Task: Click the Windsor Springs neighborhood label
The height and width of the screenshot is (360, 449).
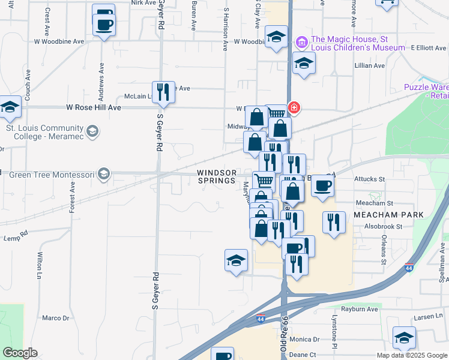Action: coord(217,176)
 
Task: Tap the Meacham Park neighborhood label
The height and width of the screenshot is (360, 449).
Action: coord(389,215)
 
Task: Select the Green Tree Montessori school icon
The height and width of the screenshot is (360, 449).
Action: coord(104,175)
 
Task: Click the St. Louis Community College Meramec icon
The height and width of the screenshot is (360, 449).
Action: coord(92,130)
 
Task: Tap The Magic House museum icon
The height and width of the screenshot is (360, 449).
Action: coord(301,42)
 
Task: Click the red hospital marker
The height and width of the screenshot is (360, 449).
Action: coord(294,108)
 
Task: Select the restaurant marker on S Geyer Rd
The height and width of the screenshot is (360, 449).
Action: coord(163,92)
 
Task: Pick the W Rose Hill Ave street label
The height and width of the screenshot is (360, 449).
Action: coord(94,107)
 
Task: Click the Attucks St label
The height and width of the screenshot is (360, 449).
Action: coord(370,179)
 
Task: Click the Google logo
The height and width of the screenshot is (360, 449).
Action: coord(20,353)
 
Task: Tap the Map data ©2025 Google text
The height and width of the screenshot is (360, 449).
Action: coord(412,355)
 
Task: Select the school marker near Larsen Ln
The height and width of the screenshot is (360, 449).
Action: coord(404,338)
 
